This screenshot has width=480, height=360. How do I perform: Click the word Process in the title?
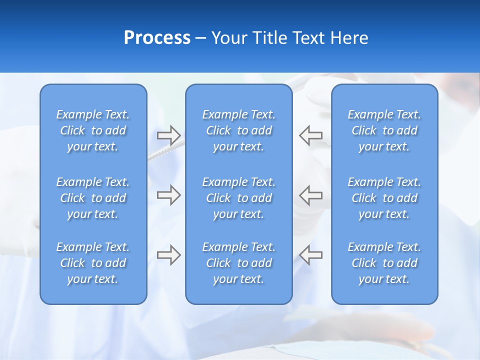(157, 38)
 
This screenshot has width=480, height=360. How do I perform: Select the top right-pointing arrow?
(168, 135)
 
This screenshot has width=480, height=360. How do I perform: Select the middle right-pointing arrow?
(168, 195)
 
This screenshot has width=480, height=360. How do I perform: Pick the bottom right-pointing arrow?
(168, 255)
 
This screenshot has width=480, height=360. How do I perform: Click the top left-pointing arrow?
(311, 135)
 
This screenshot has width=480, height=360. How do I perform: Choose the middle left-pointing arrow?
(311, 195)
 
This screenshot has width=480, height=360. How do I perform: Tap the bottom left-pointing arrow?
(311, 255)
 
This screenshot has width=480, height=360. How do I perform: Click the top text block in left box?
(93, 130)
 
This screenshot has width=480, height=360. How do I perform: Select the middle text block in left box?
(93, 198)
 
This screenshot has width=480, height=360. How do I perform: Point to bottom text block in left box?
(93, 263)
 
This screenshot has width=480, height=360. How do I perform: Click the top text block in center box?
(238, 130)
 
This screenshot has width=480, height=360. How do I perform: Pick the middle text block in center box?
(238, 198)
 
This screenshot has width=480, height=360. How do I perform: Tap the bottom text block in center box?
(238, 263)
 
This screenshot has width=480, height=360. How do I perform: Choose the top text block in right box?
(384, 130)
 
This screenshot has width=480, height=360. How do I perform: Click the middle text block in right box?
(384, 198)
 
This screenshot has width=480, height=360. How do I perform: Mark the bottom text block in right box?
(384, 263)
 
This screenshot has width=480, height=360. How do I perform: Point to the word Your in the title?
(229, 38)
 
